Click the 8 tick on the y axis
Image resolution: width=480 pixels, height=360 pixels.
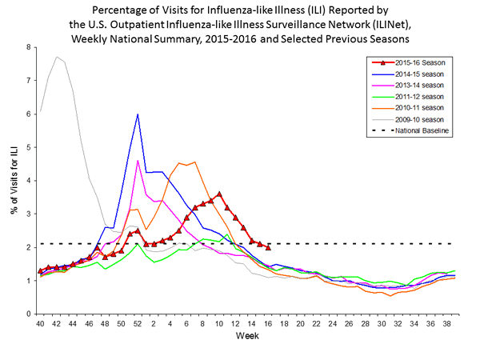pos(29,47)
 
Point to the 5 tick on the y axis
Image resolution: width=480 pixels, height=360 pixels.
pos(29,147)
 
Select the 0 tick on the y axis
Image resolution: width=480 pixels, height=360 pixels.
pos(29,314)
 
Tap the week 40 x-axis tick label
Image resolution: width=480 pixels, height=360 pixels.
pos(40,324)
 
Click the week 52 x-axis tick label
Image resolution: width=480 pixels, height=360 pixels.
pos(138,324)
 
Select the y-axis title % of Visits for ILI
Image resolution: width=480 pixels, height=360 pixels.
pos(11,180)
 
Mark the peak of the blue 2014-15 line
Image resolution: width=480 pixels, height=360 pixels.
pos(138,114)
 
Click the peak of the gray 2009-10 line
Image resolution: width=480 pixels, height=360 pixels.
pos(56,57)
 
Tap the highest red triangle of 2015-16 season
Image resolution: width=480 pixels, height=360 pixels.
pos(219,194)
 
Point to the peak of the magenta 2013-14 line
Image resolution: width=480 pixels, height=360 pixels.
pos(138,161)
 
